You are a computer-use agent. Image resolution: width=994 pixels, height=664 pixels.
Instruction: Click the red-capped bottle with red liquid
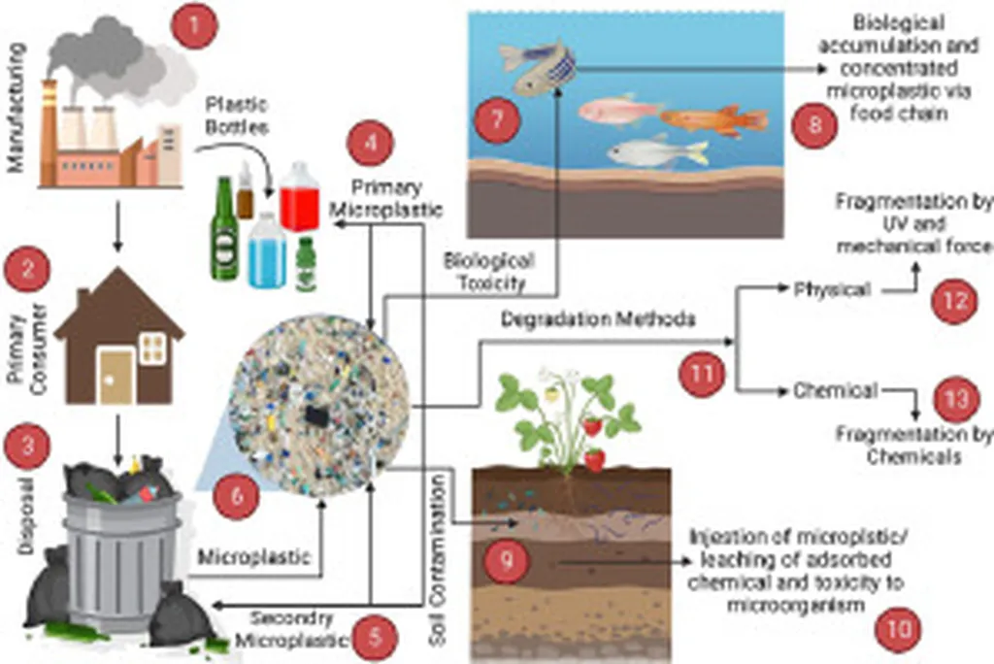(x=300, y=197)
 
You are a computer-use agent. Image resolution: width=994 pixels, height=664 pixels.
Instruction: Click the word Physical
(x=831, y=288)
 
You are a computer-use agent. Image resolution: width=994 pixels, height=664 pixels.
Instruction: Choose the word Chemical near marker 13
(x=835, y=390)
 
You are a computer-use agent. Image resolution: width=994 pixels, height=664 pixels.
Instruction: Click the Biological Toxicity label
(x=488, y=271)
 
